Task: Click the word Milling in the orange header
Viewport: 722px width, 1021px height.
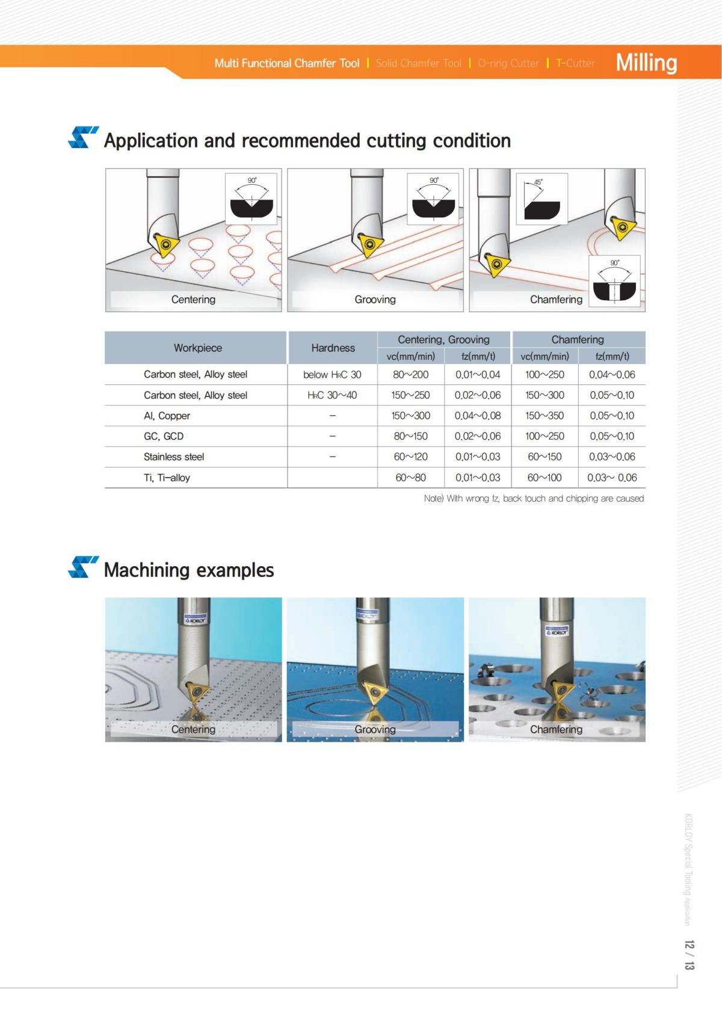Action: (x=646, y=63)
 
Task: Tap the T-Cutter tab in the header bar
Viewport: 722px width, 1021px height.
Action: (x=575, y=63)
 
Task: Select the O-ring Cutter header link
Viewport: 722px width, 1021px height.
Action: (x=508, y=63)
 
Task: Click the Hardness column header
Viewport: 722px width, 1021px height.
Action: (x=333, y=348)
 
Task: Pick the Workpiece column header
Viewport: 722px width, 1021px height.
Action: (x=197, y=348)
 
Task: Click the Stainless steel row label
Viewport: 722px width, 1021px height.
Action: (x=174, y=457)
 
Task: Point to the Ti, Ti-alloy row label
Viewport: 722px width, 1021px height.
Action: (x=167, y=478)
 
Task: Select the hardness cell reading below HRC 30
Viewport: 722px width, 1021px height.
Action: (x=332, y=374)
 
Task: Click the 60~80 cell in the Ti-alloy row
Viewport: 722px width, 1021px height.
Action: (x=410, y=478)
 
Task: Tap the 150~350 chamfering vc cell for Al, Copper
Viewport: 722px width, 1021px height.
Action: (x=545, y=416)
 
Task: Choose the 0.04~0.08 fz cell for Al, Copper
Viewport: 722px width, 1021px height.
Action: (x=478, y=416)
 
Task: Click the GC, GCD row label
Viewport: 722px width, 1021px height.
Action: (x=164, y=436)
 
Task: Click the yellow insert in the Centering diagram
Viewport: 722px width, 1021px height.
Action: (x=165, y=244)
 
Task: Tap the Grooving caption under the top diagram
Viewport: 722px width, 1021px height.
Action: (x=375, y=299)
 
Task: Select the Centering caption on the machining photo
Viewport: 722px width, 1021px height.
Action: (x=193, y=729)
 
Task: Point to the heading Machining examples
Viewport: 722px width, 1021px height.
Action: (x=189, y=570)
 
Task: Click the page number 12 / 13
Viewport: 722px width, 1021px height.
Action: (x=689, y=955)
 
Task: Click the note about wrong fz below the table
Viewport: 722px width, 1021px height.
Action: (x=534, y=498)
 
